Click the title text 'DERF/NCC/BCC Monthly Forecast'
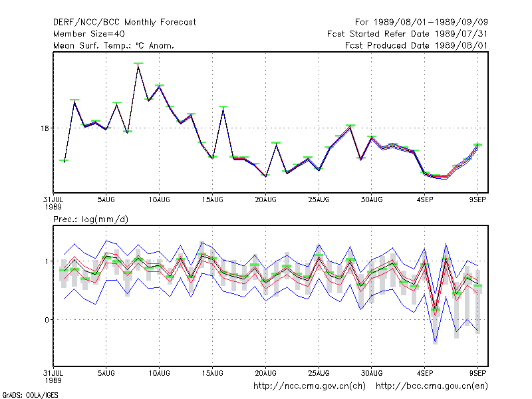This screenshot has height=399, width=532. tap(124, 23)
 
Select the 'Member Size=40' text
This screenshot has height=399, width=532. tap(89, 34)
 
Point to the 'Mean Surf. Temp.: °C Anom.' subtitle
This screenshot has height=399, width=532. tap(114, 45)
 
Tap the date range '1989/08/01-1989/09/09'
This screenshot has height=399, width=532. tap(430, 23)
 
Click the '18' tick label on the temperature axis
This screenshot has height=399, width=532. tap(45, 128)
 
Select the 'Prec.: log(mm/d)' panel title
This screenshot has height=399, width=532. tap(90, 219)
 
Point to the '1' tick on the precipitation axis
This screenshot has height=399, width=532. tap(47, 261)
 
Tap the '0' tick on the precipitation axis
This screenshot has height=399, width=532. tap(47, 320)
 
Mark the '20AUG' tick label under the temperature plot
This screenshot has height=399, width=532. tap(265, 200)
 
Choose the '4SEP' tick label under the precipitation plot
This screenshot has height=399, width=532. tap(425, 373)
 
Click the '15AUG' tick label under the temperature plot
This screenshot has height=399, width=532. tap(212, 200)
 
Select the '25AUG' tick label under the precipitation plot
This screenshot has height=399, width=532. tap(319, 373)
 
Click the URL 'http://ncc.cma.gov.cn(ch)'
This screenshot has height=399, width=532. tap(309, 386)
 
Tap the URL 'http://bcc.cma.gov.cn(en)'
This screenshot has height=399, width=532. tap(432, 386)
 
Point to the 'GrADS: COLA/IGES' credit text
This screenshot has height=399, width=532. tap(30, 395)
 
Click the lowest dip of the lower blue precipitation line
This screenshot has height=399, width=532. tap(436, 342)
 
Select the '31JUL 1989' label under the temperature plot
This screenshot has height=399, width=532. tap(53, 203)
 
